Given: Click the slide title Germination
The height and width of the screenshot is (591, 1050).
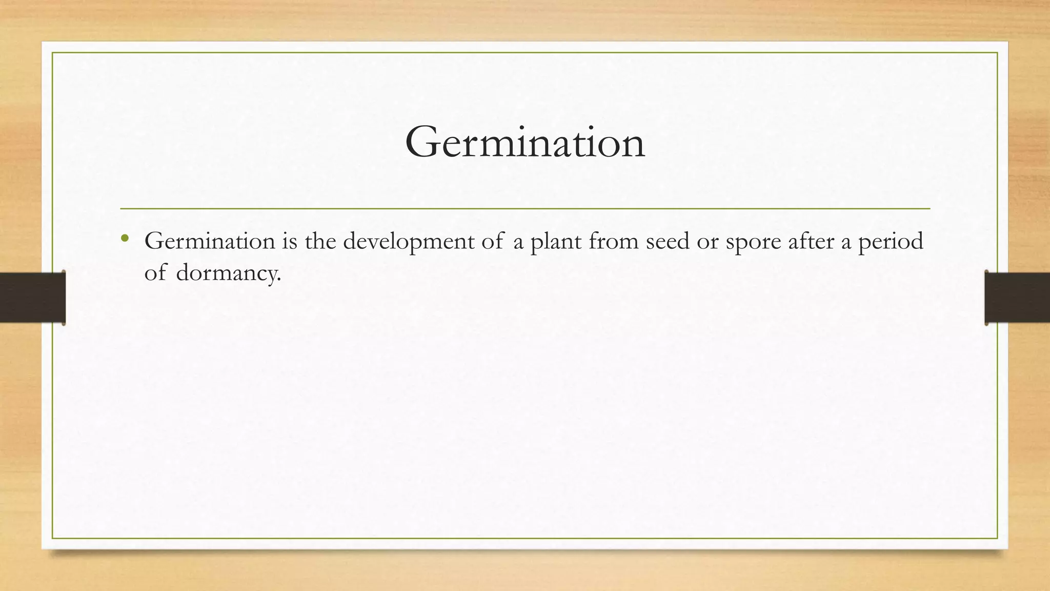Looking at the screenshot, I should (x=524, y=143).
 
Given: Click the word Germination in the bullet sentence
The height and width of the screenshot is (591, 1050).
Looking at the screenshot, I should (x=210, y=241).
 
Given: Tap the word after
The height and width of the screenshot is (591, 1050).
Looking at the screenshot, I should (x=811, y=241).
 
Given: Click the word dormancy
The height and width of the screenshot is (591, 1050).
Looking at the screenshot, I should (x=228, y=273).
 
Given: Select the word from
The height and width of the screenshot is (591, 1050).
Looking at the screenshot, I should (x=613, y=241).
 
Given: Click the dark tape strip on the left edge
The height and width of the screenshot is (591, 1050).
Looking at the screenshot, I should (x=32, y=298).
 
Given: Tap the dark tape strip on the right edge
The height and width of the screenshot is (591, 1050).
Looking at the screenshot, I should (x=1017, y=298).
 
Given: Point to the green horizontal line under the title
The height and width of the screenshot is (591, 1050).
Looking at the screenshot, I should (x=524, y=209).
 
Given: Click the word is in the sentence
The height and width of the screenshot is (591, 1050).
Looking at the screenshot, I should (x=290, y=241).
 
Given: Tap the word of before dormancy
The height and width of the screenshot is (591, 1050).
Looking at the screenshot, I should (x=155, y=272).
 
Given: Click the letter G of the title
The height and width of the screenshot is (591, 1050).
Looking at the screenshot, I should (x=422, y=143).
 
